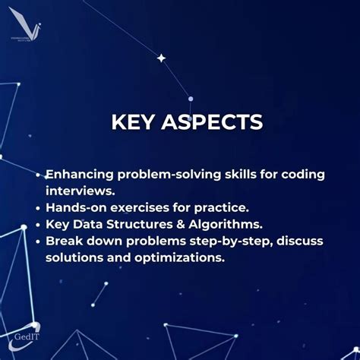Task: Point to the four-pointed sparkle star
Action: (161, 58)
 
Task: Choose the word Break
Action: (64, 241)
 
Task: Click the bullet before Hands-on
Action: (39, 207)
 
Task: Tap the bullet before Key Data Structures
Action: (39, 224)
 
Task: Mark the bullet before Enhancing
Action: (39, 175)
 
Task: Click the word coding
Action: (302, 174)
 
